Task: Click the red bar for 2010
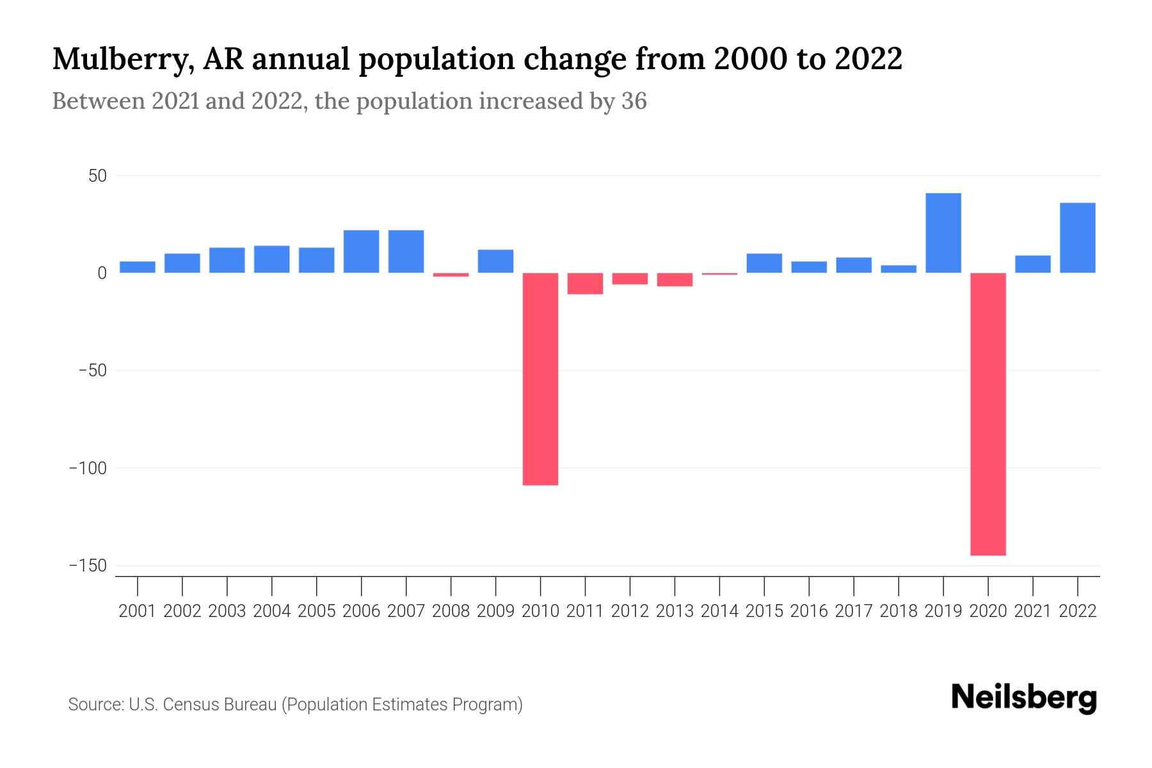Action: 540,379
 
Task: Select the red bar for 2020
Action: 988,414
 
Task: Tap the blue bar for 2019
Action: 943,233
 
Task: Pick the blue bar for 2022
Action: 1077,238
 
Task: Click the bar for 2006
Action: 361,252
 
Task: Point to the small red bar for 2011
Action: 585,284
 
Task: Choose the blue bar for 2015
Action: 764,263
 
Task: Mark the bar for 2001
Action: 138,267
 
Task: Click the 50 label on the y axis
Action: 97,176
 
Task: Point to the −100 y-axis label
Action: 88,468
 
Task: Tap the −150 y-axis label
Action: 88,566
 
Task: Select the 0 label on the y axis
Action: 102,273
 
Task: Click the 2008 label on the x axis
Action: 451,611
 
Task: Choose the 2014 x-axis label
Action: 719,611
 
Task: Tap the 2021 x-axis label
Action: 1032,611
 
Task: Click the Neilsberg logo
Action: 1024,698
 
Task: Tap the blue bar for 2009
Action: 495,261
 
